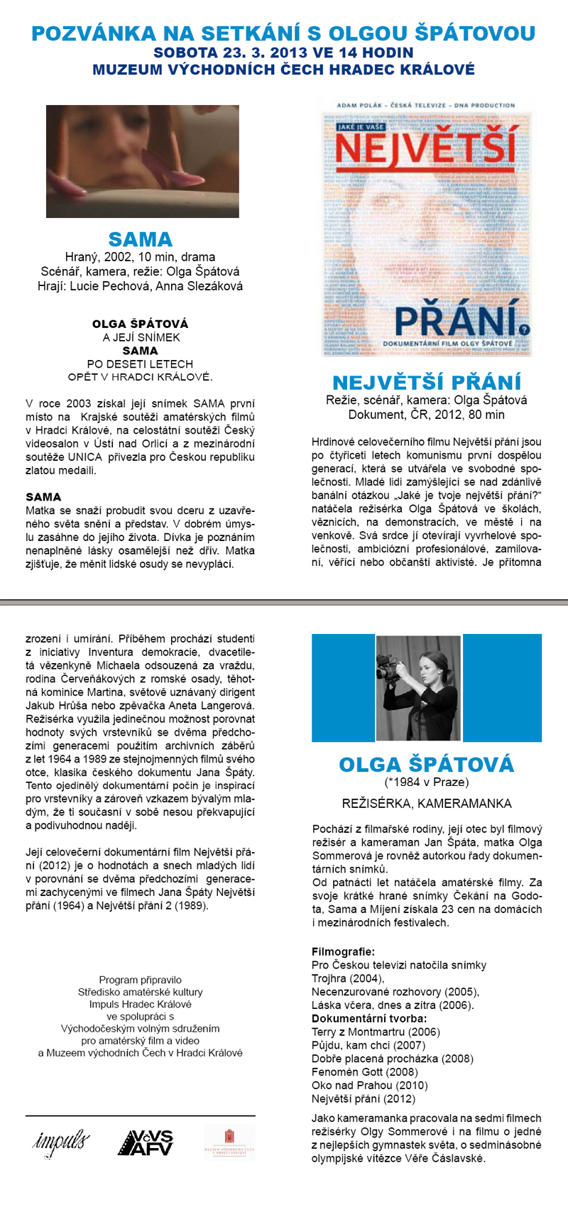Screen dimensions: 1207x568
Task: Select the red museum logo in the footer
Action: pyautogui.click(x=229, y=1142)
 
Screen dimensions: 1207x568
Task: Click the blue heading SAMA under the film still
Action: pyautogui.click(x=141, y=239)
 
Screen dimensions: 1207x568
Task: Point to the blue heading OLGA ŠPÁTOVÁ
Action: pyautogui.click(x=426, y=765)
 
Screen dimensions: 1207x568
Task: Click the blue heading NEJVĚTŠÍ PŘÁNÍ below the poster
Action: pyautogui.click(x=426, y=382)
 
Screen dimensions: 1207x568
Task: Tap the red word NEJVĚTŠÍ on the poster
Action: pyautogui.click(x=425, y=148)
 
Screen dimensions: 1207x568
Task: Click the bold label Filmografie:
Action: pyautogui.click(x=343, y=951)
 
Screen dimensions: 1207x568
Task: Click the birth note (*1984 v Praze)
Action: pyautogui.click(x=426, y=782)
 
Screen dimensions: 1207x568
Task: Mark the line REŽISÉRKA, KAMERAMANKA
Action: pyautogui.click(x=426, y=804)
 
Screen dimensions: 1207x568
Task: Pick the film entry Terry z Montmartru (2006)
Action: pyautogui.click(x=376, y=1032)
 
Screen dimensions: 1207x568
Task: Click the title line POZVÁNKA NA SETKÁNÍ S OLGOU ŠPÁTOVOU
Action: pyautogui.click(x=283, y=33)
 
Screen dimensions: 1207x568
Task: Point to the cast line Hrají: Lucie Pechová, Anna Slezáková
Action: pyautogui.click(x=140, y=286)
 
